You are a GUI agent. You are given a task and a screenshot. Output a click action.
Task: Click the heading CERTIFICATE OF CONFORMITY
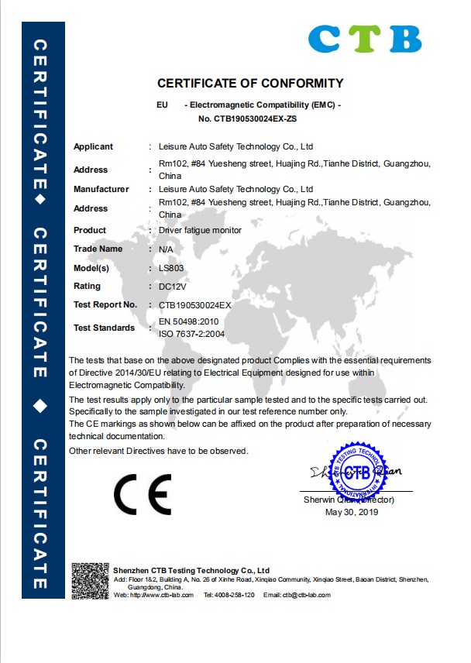pos(250,83)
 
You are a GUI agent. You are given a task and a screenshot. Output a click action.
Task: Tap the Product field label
pos(90,230)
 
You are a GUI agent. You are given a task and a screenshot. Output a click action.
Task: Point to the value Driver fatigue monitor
pos(200,230)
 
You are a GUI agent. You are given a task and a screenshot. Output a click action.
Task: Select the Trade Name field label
pos(98,249)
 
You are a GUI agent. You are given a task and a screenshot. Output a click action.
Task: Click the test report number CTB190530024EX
pos(194,305)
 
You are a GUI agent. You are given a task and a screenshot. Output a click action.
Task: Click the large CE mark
pos(143,493)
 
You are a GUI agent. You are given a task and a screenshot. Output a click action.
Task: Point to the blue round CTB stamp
pos(358,472)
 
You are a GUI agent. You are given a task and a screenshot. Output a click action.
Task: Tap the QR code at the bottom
pos(91,581)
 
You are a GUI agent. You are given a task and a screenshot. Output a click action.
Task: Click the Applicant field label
pos(93,146)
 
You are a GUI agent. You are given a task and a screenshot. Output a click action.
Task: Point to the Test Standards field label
pos(104,328)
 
